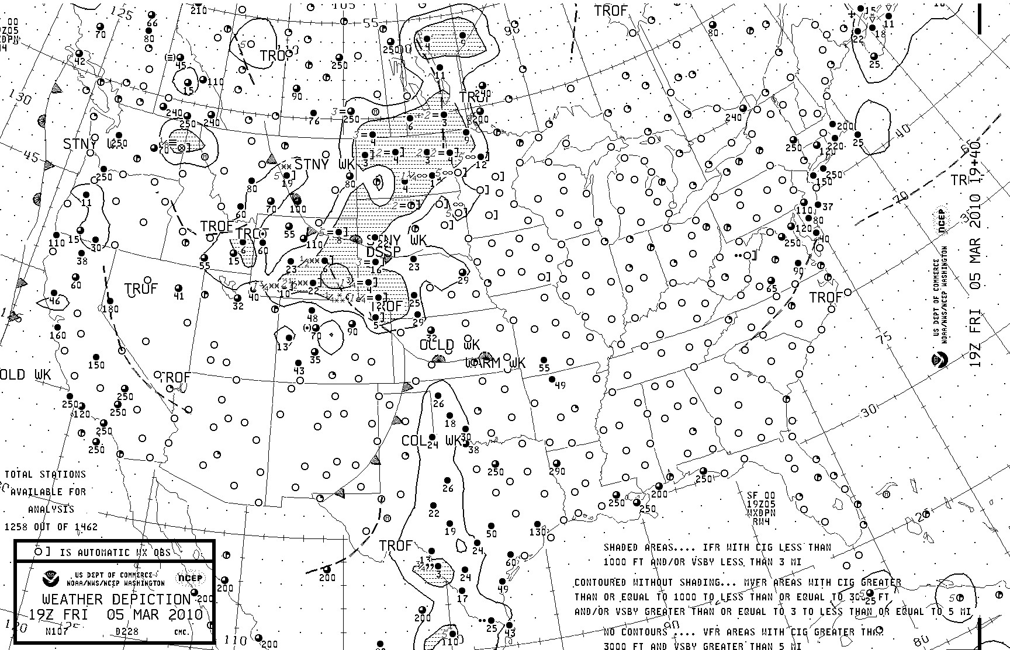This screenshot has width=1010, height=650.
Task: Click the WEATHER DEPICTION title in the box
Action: tap(116, 600)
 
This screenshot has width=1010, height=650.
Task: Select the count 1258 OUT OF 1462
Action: tap(51, 527)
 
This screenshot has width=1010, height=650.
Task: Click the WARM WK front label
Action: tap(496, 363)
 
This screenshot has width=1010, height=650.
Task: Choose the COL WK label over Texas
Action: tap(431, 440)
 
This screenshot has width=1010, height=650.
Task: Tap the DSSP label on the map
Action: tap(383, 252)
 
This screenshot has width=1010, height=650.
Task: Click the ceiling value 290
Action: tap(557, 471)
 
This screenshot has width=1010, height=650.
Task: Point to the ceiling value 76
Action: tap(314, 121)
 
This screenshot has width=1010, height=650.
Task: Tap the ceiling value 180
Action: tap(110, 309)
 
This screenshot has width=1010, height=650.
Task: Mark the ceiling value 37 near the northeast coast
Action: tap(827, 207)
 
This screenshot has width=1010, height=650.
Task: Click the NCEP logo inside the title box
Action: tap(190, 579)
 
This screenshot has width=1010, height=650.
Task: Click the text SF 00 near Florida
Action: tap(760, 495)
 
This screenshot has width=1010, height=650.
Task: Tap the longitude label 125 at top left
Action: tap(123, 15)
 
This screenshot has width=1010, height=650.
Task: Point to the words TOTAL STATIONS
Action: tap(46, 475)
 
